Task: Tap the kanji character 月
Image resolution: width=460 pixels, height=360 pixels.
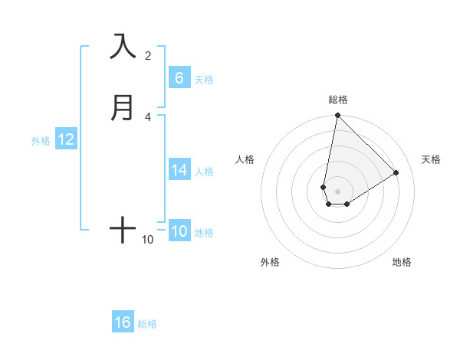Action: click(x=123, y=107)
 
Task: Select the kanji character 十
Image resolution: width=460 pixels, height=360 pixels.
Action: click(x=123, y=229)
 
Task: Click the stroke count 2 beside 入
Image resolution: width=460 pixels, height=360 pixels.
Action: click(x=148, y=55)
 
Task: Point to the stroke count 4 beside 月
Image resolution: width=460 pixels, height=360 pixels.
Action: click(x=148, y=116)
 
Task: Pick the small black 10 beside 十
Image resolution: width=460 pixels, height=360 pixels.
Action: click(x=148, y=240)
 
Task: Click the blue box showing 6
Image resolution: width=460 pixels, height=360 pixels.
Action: click(x=179, y=78)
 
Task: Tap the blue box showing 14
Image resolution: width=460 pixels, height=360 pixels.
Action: click(x=179, y=170)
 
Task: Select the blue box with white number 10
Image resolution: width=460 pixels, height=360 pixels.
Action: click(x=179, y=231)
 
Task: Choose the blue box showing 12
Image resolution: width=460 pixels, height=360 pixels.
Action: click(x=66, y=139)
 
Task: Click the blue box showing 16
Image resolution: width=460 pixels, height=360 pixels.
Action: click(x=123, y=322)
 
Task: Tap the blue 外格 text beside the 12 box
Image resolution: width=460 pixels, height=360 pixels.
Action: click(x=41, y=141)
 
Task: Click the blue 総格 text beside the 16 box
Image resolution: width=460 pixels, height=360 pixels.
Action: click(x=147, y=324)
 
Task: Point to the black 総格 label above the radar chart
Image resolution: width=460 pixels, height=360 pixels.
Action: click(x=337, y=100)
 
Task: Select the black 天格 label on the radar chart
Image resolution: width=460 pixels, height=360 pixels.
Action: click(x=432, y=159)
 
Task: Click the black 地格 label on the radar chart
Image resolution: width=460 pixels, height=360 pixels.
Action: click(x=402, y=262)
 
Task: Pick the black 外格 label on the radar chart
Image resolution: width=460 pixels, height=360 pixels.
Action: click(x=270, y=262)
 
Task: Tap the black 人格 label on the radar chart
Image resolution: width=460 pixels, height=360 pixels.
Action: click(x=245, y=159)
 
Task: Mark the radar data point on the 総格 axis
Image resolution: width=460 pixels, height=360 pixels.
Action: click(x=337, y=116)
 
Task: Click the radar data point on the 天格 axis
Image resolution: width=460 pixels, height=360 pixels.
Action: click(x=396, y=172)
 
